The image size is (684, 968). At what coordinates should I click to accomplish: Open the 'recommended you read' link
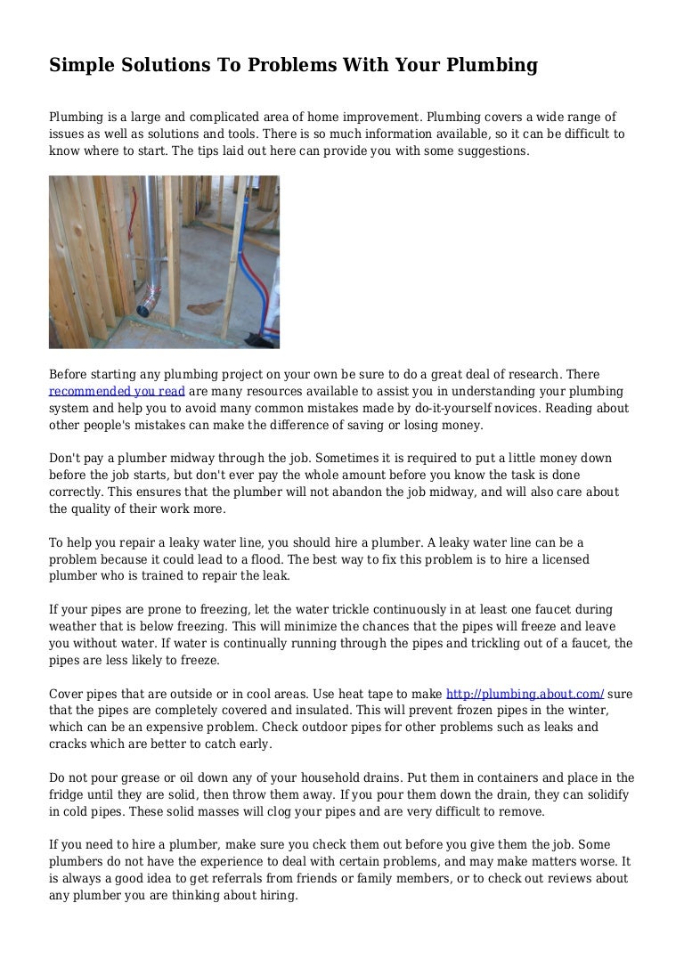coord(117,391)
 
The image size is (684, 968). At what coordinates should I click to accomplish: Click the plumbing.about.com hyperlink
coord(525,693)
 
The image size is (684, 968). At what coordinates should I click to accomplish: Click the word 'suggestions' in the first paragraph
coord(491,150)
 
